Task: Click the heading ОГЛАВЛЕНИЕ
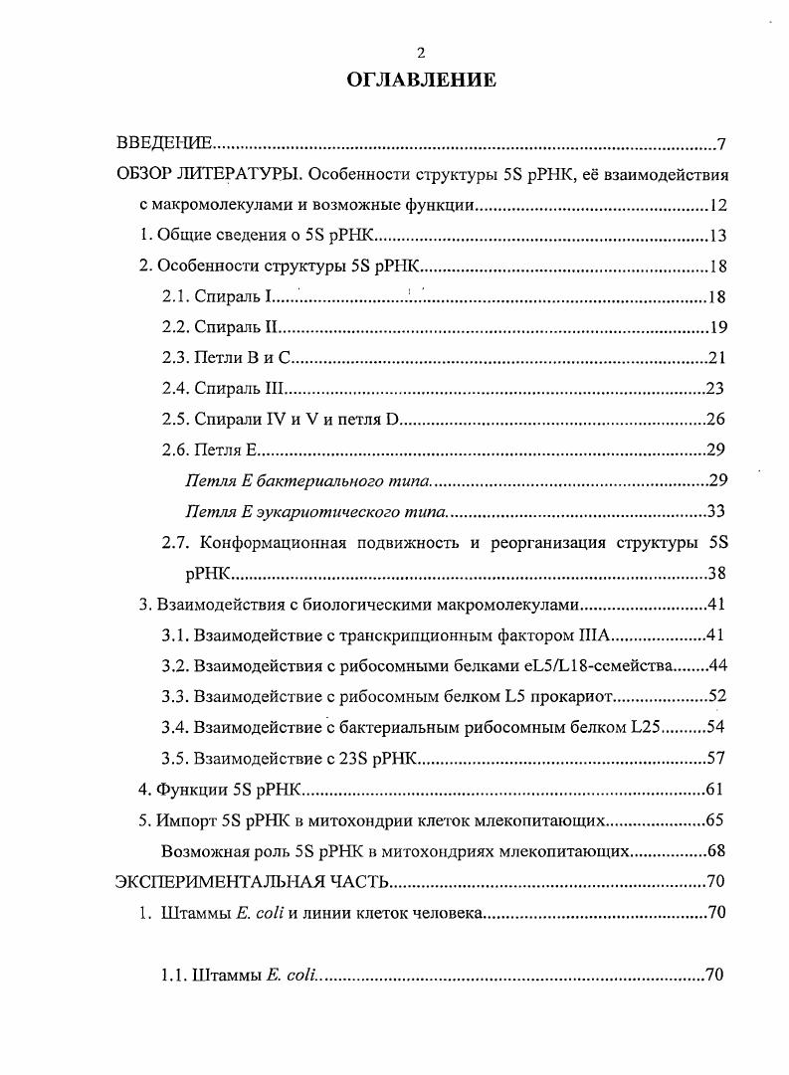coord(421,81)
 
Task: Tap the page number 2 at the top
coord(421,53)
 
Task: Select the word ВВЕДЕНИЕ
coord(163,145)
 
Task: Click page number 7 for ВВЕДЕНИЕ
coord(721,145)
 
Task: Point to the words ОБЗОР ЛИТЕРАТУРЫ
coord(209,176)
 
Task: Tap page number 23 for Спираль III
coord(714,389)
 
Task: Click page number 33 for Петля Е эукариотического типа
coord(714,512)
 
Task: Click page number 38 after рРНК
coord(716,574)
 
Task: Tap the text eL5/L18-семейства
coord(606,666)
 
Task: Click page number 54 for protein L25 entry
coord(716,728)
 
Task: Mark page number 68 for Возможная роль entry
coord(716,852)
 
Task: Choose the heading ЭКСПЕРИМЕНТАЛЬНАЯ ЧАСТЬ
coord(252,883)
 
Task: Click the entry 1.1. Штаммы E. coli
coord(239,976)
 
